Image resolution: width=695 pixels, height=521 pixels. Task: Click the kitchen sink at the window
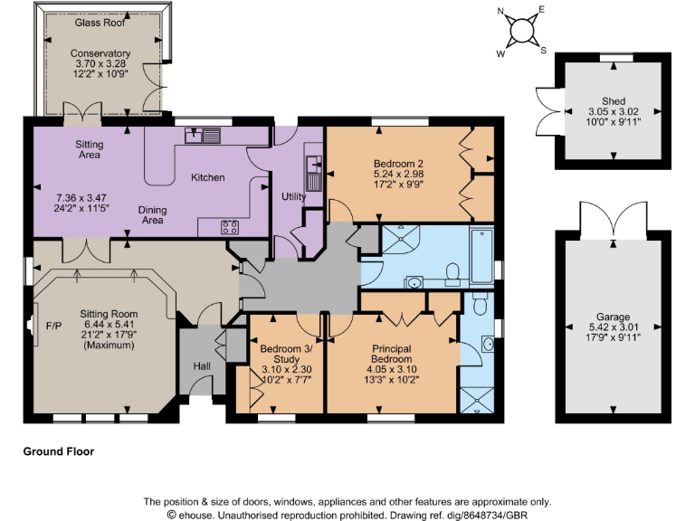pyautogui.click(x=204, y=136)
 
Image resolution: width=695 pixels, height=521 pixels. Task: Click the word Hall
pyautogui.click(x=202, y=367)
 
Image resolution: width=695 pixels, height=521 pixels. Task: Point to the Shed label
pyautogui.click(x=614, y=101)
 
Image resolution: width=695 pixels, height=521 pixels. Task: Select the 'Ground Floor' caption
pyautogui.click(x=58, y=450)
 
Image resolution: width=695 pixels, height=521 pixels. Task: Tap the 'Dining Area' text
pyautogui.click(x=152, y=214)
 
